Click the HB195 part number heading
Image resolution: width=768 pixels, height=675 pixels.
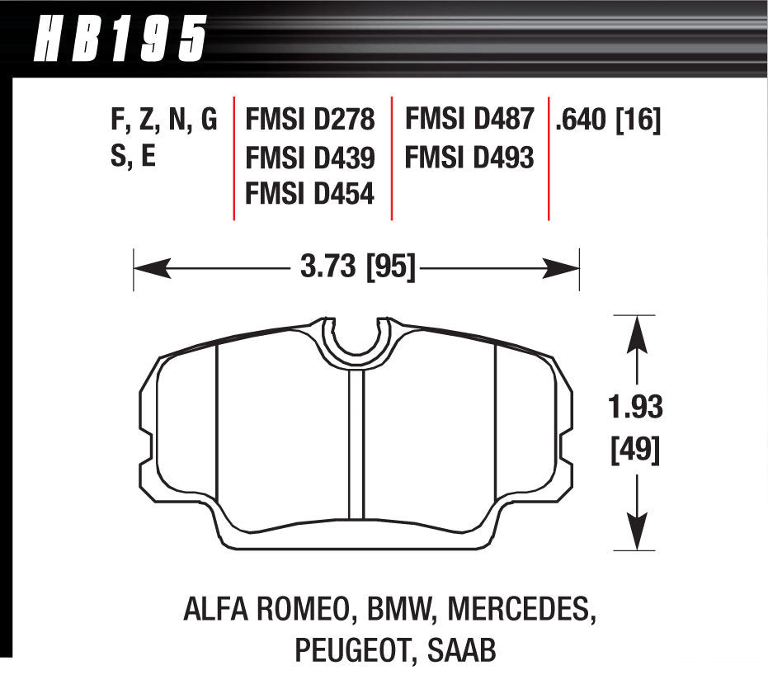(x=120, y=37)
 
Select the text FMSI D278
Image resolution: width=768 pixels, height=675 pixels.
(x=309, y=121)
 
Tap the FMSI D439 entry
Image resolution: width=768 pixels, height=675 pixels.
(x=309, y=158)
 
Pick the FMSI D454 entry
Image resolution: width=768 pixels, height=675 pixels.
(x=309, y=194)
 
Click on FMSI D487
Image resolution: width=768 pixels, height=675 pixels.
(x=469, y=120)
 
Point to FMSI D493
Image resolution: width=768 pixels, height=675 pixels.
(x=469, y=157)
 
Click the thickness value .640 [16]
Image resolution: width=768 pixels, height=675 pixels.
(x=608, y=121)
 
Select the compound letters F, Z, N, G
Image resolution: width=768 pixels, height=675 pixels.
(x=163, y=121)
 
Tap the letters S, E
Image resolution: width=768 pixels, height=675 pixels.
(x=133, y=158)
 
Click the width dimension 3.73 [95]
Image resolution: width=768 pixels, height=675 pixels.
(x=356, y=267)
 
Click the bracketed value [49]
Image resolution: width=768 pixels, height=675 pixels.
(x=636, y=451)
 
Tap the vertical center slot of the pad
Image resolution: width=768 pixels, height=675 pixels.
(x=356, y=446)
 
